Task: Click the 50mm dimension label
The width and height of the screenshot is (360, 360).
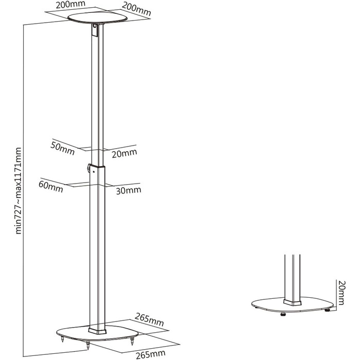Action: click(62, 149)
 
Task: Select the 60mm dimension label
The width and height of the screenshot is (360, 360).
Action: click(51, 186)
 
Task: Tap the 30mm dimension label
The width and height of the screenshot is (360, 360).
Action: click(129, 191)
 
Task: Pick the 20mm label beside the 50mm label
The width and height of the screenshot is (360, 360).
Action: click(124, 153)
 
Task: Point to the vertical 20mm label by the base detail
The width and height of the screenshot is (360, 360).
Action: click(341, 293)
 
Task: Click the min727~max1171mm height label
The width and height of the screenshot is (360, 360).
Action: click(18, 191)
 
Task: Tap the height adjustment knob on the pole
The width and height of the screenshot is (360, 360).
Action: click(88, 167)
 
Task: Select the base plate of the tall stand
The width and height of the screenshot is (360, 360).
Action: click(97, 333)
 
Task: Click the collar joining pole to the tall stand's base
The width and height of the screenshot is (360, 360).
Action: click(97, 330)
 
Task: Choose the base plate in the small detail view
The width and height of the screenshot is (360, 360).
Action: click(293, 304)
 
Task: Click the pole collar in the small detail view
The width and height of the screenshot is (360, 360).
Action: click(292, 302)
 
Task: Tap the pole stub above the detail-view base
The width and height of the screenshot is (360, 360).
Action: click(292, 277)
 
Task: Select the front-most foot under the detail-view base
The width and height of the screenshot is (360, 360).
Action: click(283, 314)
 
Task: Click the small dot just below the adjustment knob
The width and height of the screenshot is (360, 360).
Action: click(94, 171)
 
